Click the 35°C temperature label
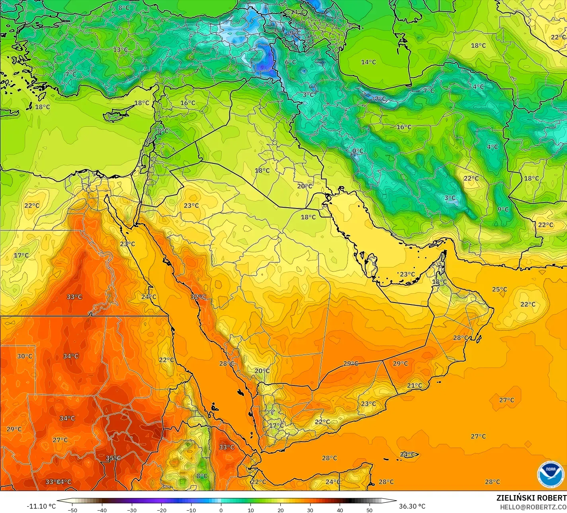(x=113, y=458)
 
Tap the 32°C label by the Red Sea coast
(x=198, y=297)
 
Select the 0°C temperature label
(x=358, y=151)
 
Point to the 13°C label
(x=120, y=50)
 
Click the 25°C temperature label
(x=499, y=289)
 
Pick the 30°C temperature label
(x=24, y=356)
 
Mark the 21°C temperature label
(x=414, y=385)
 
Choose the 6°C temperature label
(x=290, y=62)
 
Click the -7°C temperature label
(x=379, y=98)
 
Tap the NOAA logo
(x=550, y=474)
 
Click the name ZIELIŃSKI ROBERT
(x=531, y=498)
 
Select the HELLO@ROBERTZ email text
(x=533, y=507)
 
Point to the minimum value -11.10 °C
(x=41, y=506)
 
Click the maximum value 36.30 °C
(x=412, y=506)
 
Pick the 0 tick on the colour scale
(x=221, y=510)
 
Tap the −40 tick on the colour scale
(x=102, y=510)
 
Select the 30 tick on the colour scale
(x=310, y=510)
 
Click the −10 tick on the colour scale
(x=191, y=510)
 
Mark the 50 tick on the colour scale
(x=370, y=510)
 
